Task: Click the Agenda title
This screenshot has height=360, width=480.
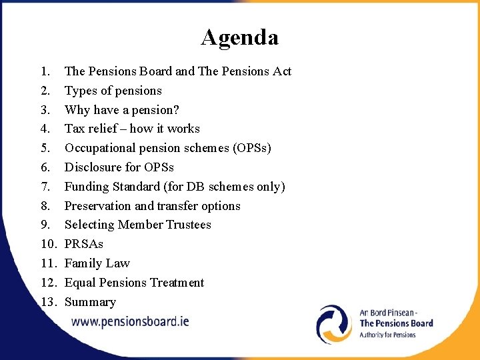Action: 239,37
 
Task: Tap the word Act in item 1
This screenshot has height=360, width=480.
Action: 282,71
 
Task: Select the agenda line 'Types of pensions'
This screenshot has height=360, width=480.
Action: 113,91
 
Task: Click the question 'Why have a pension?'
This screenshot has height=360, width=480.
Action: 121,110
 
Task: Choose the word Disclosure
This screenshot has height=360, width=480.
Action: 93,167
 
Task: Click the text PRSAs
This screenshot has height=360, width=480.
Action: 83,244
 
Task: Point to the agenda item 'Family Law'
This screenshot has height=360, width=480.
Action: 97,263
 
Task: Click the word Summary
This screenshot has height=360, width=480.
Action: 90,302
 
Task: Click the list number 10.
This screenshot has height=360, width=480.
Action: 47,244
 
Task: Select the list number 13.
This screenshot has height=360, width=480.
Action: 47,302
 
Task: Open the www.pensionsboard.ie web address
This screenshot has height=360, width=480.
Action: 130,321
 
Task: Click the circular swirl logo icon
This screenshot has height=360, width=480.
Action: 334,324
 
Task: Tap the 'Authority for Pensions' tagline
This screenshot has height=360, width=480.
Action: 387,335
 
